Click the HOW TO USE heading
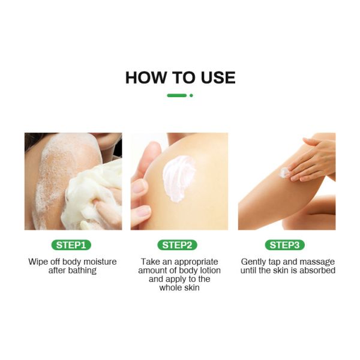point(180,77)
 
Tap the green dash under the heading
point(176,95)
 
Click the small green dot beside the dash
point(191,95)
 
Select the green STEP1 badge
point(73,245)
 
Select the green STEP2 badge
point(179,245)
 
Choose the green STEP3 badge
point(286,245)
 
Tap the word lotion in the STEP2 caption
point(209,271)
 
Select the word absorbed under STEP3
point(318,271)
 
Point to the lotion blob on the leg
point(284,173)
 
